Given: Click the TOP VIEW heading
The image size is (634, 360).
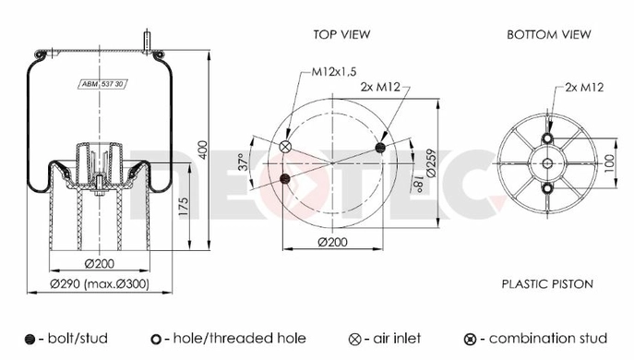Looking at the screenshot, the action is pyautogui.click(x=341, y=34).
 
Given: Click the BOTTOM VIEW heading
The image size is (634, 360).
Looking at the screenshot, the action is pyautogui.click(x=549, y=34).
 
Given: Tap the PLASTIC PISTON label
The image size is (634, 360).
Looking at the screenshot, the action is pyautogui.click(x=547, y=284).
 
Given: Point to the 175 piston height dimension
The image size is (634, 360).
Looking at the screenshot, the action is pyautogui.click(x=183, y=207).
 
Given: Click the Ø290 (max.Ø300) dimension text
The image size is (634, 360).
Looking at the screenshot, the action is pyautogui.click(x=100, y=284).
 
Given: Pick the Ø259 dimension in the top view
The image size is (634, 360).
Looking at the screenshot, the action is pyautogui.click(x=431, y=163).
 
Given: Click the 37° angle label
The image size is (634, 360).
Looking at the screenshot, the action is pyautogui.click(x=243, y=162).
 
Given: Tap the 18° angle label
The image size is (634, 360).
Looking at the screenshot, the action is pyautogui.click(x=418, y=183).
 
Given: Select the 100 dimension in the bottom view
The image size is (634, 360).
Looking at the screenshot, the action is pyautogui.click(x=609, y=163).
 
